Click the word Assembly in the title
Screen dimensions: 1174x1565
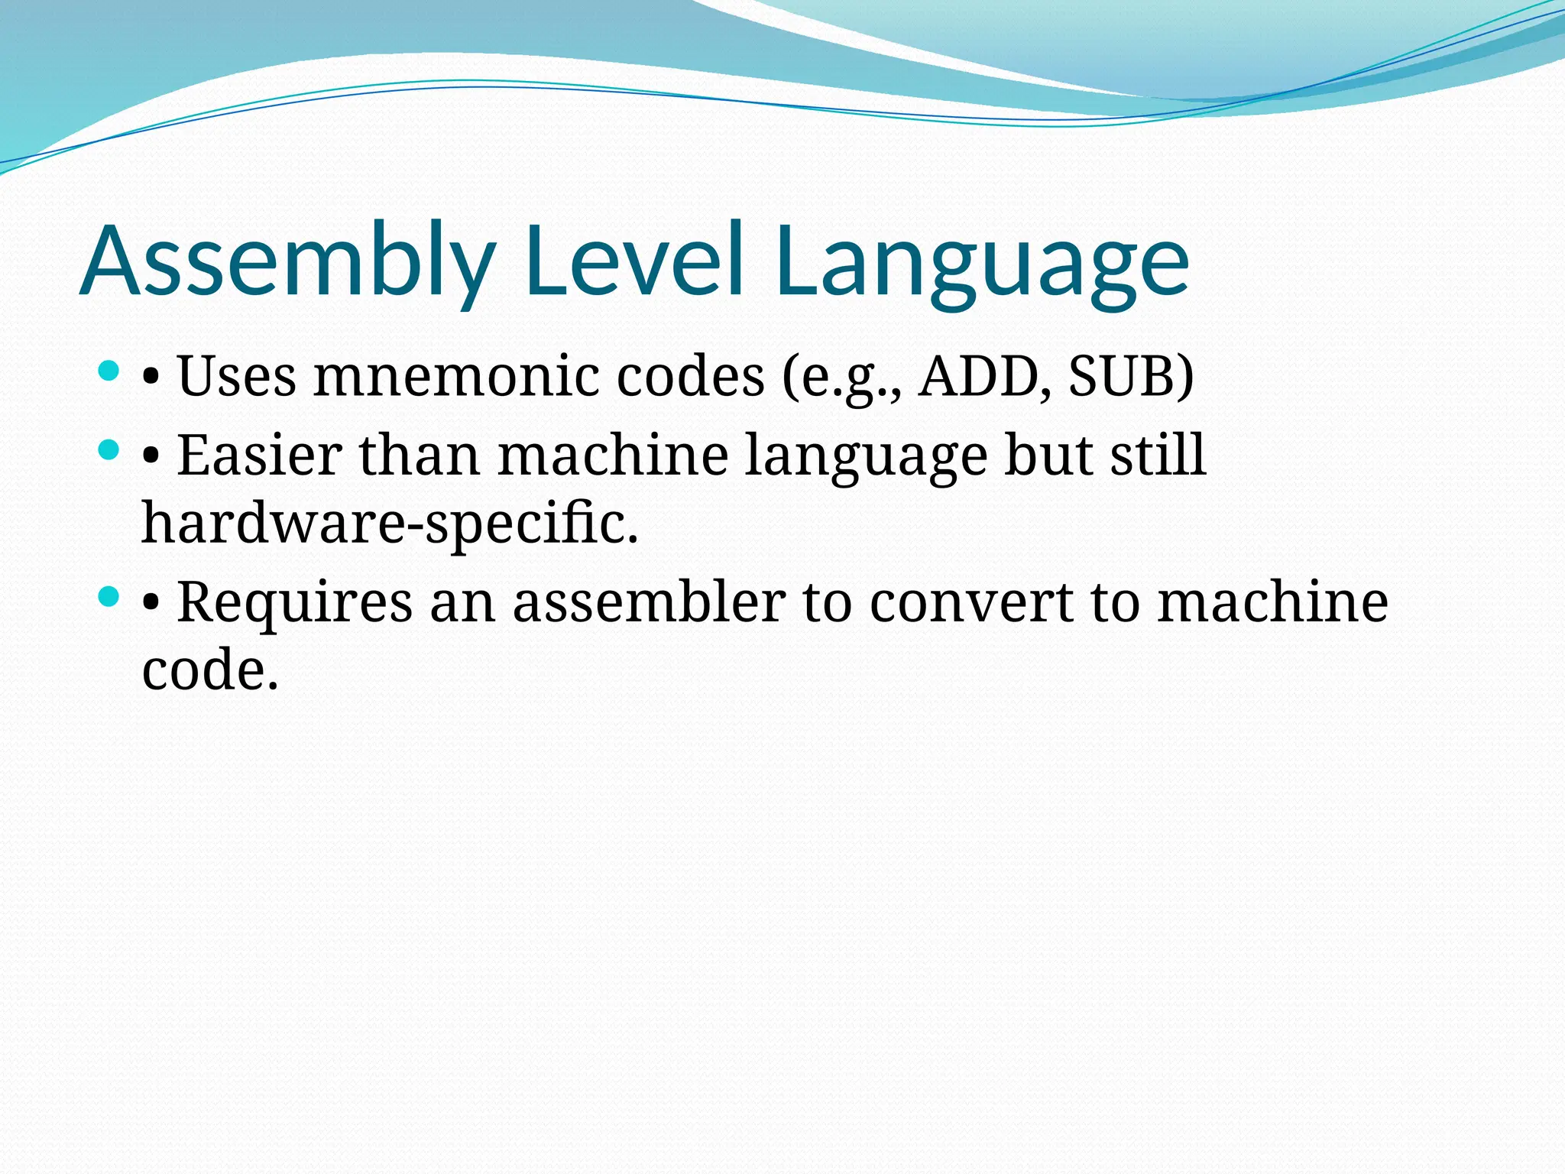click(x=287, y=261)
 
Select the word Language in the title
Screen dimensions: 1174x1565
click(x=982, y=264)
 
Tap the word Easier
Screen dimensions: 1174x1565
click(x=260, y=456)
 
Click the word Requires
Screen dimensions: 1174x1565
click(x=295, y=602)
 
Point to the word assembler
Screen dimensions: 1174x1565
click(x=649, y=602)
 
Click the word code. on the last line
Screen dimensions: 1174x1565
click(x=210, y=670)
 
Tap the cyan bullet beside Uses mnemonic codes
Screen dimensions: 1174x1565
click(x=110, y=372)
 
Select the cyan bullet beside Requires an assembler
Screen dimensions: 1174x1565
click(x=110, y=597)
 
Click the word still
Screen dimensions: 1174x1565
click(x=1158, y=456)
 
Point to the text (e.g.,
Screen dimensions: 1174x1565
click(x=841, y=378)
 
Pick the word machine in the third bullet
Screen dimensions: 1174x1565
click(x=1272, y=602)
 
